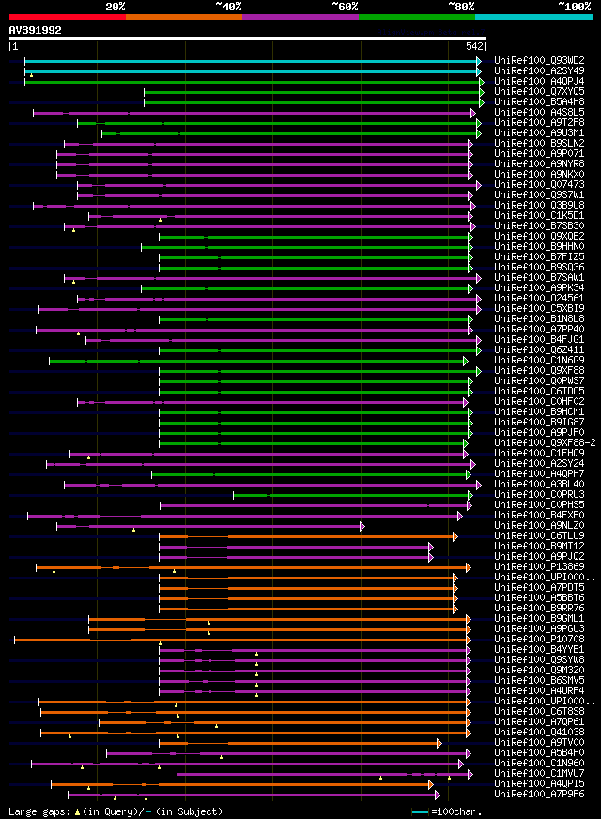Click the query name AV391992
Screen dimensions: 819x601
click(36, 30)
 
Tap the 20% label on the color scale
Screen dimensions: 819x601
click(116, 6)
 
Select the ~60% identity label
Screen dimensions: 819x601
click(345, 6)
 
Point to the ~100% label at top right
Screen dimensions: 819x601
click(574, 6)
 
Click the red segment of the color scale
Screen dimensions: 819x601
click(66, 17)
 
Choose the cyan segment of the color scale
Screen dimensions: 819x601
click(532, 17)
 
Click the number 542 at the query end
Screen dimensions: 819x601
click(474, 46)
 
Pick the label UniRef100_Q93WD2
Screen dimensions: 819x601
click(539, 61)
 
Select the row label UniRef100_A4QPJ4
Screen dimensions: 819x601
click(539, 82)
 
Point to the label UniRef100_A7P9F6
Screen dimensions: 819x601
click(539, 795)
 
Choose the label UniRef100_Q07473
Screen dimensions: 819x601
click(539, 185)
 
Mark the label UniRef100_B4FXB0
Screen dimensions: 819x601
click(539, 516)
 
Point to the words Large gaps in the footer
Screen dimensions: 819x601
click(39, 811)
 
